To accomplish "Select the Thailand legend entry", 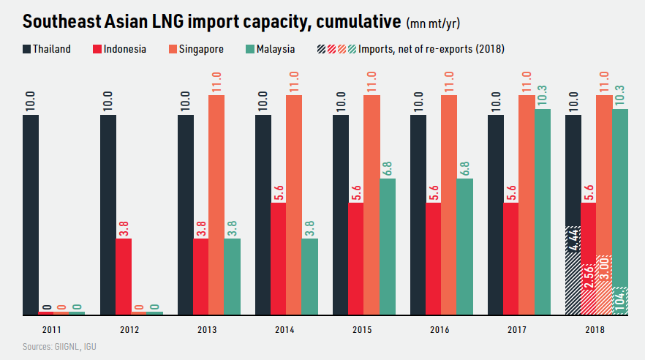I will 47,49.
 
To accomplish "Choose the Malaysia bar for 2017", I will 542,211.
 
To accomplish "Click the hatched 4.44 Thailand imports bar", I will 573,271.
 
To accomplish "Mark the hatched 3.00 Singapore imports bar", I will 604,285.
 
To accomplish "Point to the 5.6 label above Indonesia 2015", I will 355,191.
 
